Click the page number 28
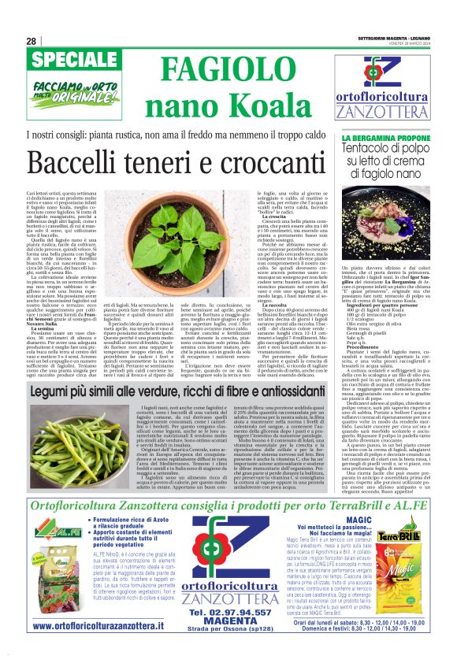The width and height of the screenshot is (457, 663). tap(31, 41)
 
